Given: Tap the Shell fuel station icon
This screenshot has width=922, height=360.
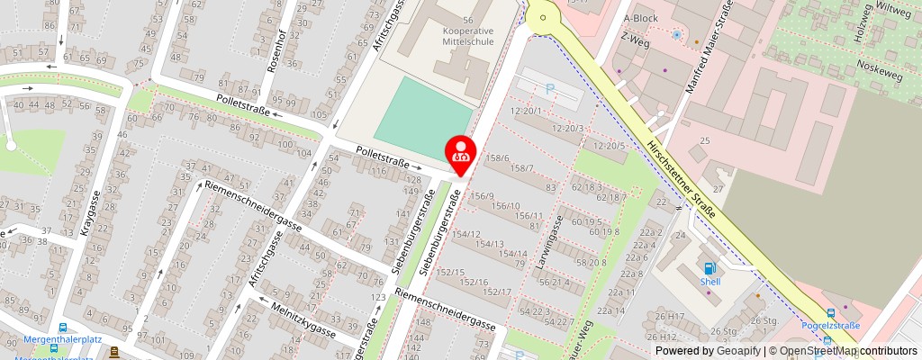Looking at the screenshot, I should coord(710,267).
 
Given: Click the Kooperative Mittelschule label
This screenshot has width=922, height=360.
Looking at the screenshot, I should coord(467,36).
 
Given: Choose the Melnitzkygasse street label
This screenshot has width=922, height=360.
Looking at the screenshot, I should coord(303,320).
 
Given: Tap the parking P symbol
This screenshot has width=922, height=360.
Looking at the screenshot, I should coord(549,89).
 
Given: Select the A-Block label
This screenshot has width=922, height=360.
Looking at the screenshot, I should coord(641,18).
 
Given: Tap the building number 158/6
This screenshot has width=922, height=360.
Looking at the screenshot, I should coord(497,158).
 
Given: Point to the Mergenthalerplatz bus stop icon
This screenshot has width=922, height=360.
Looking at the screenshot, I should coord(62,328).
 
